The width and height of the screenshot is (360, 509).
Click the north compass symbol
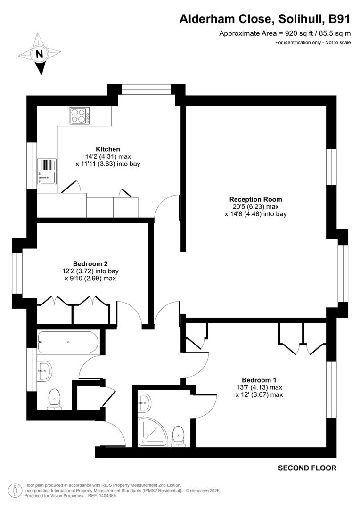(x=40, y=53)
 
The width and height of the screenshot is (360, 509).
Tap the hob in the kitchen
(x=79, y=115)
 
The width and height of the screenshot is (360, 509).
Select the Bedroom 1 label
(x=259, y=380)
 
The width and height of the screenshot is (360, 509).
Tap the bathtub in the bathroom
(x=68, y=342)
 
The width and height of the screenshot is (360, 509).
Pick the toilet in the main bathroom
(x=54, y=399)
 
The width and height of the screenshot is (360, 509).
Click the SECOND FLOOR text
(x=307, y=468)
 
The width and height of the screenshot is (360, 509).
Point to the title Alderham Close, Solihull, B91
(x=265, y=19)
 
